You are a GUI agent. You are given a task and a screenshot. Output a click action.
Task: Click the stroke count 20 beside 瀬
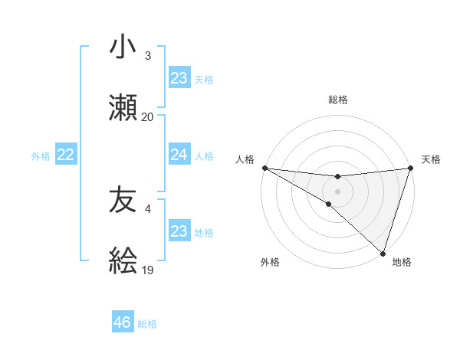tap(148, 117)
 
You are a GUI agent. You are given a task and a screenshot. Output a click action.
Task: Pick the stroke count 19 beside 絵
tap(148, 270)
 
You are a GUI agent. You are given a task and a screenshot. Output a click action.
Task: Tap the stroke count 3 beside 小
tap(148, 56)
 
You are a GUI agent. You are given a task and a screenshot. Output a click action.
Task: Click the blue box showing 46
tap(123, 322)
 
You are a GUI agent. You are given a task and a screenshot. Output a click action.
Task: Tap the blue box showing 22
tap(65, 155)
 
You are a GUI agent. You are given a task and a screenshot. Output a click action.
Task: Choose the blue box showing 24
tap(179, 155)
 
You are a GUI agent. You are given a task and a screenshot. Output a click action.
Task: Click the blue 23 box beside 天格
tap(179, 78)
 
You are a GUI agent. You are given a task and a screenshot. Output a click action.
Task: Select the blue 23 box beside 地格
tap(179, 231)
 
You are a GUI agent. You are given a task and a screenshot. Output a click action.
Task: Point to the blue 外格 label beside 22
tap(41, 155)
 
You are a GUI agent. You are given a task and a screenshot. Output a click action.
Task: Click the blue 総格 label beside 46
tap(147, 324)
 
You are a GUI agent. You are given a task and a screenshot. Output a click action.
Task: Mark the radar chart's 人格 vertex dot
tap(264, 168)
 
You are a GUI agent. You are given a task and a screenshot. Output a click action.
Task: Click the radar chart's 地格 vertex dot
tap(383, 253)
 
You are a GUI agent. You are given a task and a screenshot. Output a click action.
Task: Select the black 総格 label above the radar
tap(337, 100)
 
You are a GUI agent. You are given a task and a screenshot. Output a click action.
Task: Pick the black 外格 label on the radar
tap(270, 262)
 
